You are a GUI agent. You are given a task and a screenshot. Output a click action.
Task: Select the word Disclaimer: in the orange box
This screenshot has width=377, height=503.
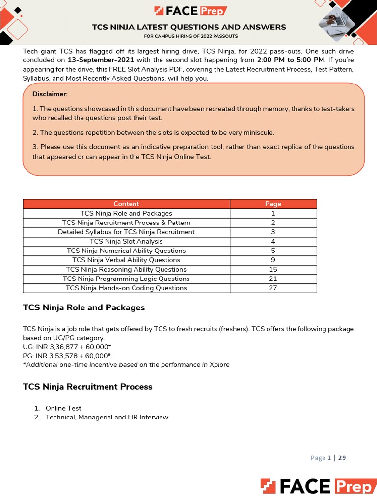(x=50, y=94)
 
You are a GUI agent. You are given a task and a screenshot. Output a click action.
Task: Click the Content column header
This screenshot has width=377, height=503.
(x=126, y=204)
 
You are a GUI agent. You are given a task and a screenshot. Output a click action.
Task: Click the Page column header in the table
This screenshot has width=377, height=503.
(x=273, y=204)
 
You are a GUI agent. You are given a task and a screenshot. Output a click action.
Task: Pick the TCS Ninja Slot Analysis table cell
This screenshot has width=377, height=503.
(x=126, y=241)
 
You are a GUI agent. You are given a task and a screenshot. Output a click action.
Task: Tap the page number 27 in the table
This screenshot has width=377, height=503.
(x=273, y=288)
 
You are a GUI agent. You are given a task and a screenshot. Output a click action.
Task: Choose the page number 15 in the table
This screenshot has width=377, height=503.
(x=273, y=269)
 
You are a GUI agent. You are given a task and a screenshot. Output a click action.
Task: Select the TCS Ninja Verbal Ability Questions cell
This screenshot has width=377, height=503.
(x=126, y=260)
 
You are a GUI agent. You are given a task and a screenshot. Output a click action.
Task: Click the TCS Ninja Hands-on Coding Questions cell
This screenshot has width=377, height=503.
(x=126, y=288)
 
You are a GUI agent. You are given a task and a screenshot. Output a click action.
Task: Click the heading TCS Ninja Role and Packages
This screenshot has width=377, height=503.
(x=84, y=308)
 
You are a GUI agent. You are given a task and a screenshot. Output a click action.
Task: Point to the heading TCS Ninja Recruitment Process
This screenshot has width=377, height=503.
(x=87, y=387)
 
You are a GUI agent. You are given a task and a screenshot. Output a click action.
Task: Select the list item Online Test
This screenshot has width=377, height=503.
(x=63, y=408)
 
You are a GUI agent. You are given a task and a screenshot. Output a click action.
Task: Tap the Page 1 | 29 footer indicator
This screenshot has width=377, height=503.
(x=328, y=458)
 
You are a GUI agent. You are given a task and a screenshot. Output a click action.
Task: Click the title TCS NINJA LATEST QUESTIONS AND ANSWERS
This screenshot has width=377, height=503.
(x=189, y=28)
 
